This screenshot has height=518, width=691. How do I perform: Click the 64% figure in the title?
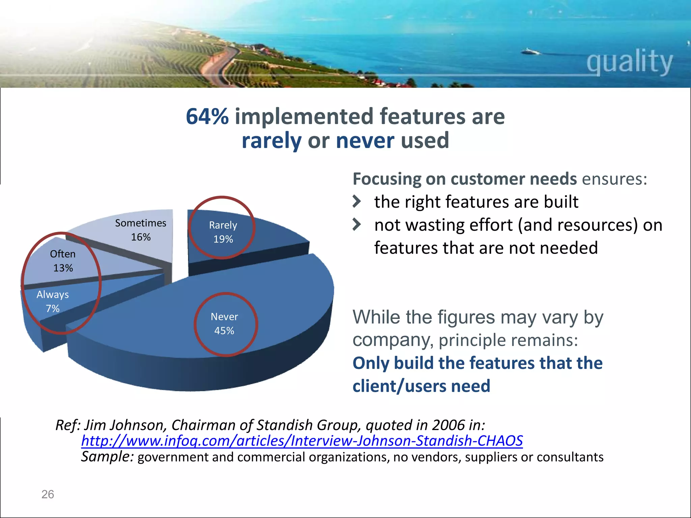click(207, 117)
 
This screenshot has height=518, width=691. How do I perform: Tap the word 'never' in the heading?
click(365, 141)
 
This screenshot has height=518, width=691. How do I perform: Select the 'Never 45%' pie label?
click(224, 324)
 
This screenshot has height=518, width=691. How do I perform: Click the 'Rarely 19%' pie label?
click(223, 232)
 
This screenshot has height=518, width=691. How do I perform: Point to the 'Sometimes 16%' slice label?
click(141, 230)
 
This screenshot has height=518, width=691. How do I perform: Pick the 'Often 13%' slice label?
click(63, 261)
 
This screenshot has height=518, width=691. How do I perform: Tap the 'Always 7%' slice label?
click(53, 301)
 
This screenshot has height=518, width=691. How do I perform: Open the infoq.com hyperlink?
click(302, 441)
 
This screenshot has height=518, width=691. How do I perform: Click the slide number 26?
click(48, 494)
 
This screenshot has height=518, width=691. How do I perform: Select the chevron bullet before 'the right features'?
click(357, 202)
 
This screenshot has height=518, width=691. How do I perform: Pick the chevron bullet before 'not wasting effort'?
click(357, 225)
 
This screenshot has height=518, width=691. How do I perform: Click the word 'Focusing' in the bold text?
click(387, 179)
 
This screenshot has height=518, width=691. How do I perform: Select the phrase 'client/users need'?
click(421, 386)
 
